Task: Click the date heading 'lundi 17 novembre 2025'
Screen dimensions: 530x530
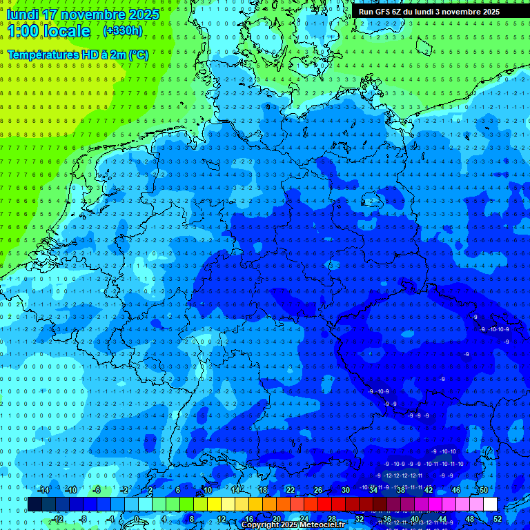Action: point(83,14)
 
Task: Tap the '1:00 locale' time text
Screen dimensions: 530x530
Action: point(48,31)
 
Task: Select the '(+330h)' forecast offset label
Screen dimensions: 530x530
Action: point(122,31)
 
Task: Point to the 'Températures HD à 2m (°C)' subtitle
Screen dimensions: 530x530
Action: point(78,54)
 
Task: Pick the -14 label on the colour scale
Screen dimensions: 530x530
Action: point(43,490)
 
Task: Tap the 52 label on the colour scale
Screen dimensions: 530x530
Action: point(498,519)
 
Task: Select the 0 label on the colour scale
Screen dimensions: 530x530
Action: point(137,519)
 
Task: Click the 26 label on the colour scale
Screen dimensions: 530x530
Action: point(318,490)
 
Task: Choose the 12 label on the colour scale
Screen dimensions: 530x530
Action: point(221,519)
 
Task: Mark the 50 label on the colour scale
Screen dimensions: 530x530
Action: point(484,490)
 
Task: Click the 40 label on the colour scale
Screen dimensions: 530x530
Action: point(415,519)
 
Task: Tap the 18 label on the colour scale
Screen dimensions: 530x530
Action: point(262,490)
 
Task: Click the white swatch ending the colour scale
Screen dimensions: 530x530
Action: point(490,504)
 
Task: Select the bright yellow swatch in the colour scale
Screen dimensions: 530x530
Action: point(214,504)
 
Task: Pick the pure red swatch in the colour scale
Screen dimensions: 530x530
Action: point(324,504)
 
